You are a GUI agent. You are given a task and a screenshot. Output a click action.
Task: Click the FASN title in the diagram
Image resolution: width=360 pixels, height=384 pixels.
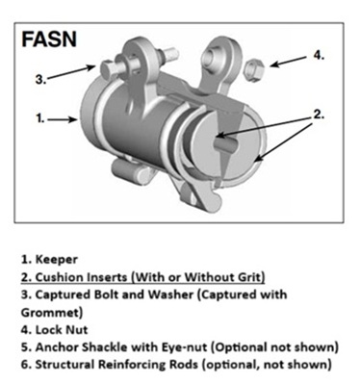click(x=49, y=39)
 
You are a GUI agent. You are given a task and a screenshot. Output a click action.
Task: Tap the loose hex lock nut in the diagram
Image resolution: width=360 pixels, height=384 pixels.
click(x=254, y=70)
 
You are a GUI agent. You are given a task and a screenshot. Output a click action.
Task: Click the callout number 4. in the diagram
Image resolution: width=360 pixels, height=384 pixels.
click(x=319, y=55)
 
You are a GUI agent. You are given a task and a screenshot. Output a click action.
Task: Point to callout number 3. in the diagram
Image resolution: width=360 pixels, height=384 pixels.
click(x=40, y=79)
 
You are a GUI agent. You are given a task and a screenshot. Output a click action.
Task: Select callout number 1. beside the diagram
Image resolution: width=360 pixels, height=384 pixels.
click(x=39, y=119)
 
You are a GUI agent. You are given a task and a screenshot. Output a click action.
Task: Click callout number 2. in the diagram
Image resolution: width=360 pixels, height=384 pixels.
click(x=319, y=115)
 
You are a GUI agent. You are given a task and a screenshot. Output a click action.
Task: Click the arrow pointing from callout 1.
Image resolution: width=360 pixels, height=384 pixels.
click(x=63, y=119)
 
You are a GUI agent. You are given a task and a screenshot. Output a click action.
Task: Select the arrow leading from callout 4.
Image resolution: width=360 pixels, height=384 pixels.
click(x=288, y=62)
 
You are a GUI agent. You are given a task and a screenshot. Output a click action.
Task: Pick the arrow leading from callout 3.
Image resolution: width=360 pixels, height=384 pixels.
click(x=72, y=71)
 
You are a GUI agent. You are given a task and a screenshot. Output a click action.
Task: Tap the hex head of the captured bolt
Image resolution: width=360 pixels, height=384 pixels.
click(x=106, y=68)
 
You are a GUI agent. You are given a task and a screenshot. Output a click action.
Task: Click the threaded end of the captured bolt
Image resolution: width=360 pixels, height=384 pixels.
click(x=171, y=53)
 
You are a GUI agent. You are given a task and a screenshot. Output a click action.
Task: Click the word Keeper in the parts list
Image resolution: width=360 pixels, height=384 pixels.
click(x=57, y=259)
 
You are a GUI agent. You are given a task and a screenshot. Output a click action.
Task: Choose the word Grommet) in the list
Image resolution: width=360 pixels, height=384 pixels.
click(x=52, y=313)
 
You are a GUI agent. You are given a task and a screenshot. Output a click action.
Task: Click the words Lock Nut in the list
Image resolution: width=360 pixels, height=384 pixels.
click(x=62, y=330)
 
